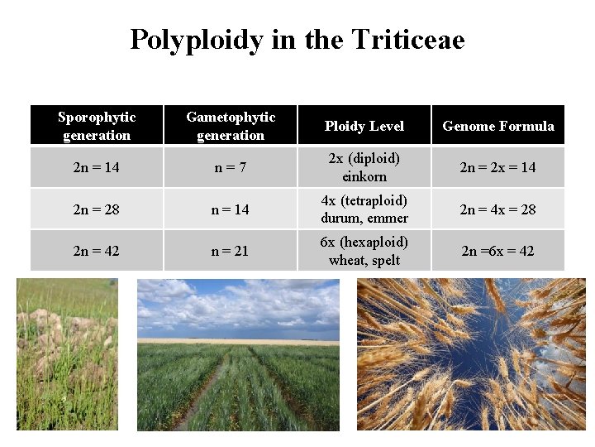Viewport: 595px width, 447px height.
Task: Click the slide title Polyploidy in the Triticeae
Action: (x=297, y=39)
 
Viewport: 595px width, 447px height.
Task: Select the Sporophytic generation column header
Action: (x=97, y=126)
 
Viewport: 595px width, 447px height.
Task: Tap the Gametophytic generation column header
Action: (x=231, y=126)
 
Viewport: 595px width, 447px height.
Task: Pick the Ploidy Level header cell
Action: (x=364, y=126)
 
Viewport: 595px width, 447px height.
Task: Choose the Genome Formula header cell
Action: (x=498, y=126)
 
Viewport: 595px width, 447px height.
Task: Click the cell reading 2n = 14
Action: (x=97, y=167)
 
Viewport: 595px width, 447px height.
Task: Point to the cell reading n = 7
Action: (x=231, y=167)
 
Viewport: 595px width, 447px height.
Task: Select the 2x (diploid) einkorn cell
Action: (x=364, y=167)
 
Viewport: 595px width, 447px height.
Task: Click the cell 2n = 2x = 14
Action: (x=498, y=167)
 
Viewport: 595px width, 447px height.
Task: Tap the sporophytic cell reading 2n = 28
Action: (x=97, y=209)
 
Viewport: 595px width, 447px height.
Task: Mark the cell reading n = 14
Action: (x=231, y=209)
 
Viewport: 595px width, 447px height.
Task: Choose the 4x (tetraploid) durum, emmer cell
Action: (x=364, y=209)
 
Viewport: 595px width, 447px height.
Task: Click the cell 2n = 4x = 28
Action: (x=498, y=209)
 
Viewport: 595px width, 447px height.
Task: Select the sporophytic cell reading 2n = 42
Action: (x=97, y=251)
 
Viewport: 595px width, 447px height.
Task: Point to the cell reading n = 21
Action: (x=231, y=251)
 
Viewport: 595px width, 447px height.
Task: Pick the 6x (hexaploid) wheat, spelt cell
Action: (x=364, y=251)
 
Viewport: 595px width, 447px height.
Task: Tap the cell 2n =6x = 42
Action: (x=498, y=251)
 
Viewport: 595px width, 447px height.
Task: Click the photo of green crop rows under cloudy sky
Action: (x=238, y=354)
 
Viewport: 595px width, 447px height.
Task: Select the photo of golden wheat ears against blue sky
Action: (x=471, y=354)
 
